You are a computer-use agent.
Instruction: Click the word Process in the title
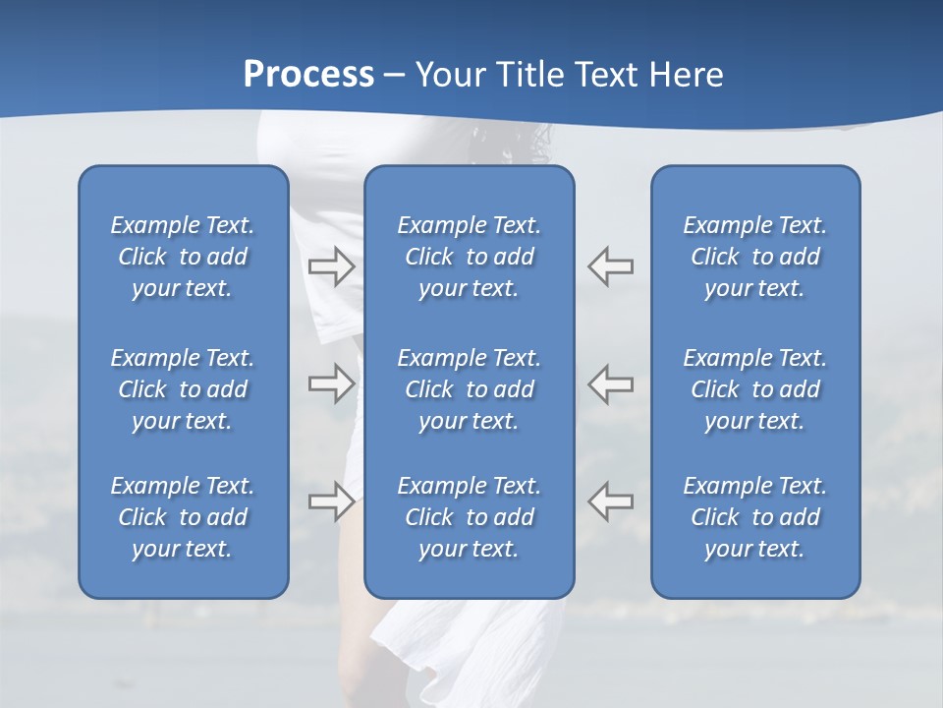click(308, 75)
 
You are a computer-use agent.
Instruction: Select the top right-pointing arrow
click(332, 266)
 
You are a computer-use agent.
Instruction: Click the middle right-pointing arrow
click(332, 383)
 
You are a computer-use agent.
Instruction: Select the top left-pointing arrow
click(611, 266)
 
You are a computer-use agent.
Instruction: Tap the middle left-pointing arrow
click(611, 383)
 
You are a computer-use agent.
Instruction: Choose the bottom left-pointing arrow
click(611, 501)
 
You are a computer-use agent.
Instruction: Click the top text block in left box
click(183, 257)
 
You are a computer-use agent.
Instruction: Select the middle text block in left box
click(183, 389)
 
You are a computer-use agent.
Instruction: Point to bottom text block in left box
click(183, 517)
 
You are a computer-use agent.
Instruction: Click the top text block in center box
click(469, 257)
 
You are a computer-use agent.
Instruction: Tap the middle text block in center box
click(469, 389)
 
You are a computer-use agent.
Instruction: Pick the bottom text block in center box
click(469, 517)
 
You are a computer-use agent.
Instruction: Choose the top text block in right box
click(754, 257)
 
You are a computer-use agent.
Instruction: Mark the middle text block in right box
click(754, 389)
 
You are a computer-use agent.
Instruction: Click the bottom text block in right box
click(754, 517)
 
